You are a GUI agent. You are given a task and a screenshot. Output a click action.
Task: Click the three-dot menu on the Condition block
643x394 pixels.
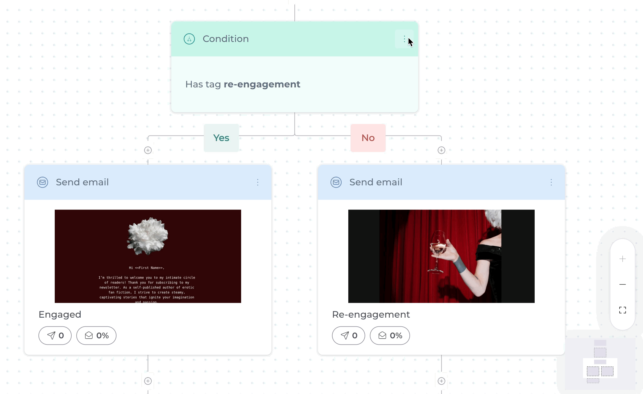tap(404, 39)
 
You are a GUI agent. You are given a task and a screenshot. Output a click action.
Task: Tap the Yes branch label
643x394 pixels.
tap(221, 138)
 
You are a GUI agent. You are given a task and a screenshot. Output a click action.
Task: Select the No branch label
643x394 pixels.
tap(368, 138)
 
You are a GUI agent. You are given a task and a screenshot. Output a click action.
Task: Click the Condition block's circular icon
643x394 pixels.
tap(189, 39)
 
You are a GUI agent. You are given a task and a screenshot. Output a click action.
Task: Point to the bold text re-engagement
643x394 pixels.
tap(262, 84)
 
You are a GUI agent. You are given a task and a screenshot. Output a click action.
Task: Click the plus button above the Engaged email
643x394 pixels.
tap(148, 150)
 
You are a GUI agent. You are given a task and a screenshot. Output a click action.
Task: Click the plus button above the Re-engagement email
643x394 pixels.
tap(441, 150)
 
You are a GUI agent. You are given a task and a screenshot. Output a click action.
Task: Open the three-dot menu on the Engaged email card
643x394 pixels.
tap(258, 182)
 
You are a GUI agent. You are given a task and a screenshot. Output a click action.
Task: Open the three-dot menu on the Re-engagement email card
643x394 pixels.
tap(551, 182)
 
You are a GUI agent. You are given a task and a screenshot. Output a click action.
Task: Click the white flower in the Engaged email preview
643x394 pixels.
tap(148, 236)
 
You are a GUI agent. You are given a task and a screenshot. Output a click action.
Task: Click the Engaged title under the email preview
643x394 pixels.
tap(60, 314)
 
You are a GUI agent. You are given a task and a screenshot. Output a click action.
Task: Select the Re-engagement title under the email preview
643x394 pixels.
tap(371, 314)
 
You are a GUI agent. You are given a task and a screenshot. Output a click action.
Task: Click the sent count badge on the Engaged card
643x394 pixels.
tap(55, 335)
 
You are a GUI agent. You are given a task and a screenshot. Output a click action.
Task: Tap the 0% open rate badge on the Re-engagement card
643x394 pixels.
tap(390, 335)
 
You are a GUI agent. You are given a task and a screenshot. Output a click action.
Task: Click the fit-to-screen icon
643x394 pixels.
tap(623, 310)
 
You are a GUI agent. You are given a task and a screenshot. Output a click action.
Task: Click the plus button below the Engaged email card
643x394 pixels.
tap(148, 381)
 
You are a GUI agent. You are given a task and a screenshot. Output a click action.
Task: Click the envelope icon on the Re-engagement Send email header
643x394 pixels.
tap(336, 182)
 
